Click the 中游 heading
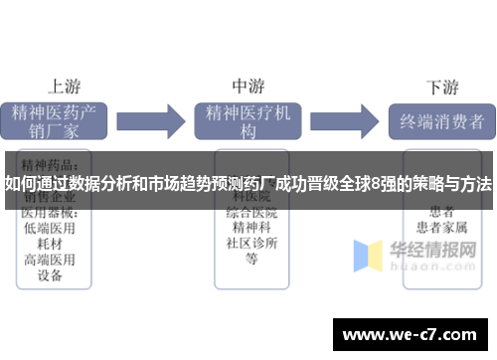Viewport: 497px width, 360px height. click(248, 86)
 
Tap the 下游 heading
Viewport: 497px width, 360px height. click(441, 87)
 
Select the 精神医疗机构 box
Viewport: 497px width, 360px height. click(248, 121)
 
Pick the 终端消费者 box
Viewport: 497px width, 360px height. click(440, 123)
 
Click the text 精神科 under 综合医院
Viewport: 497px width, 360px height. click(250, 228)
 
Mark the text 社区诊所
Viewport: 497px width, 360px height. click(250, 244)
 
